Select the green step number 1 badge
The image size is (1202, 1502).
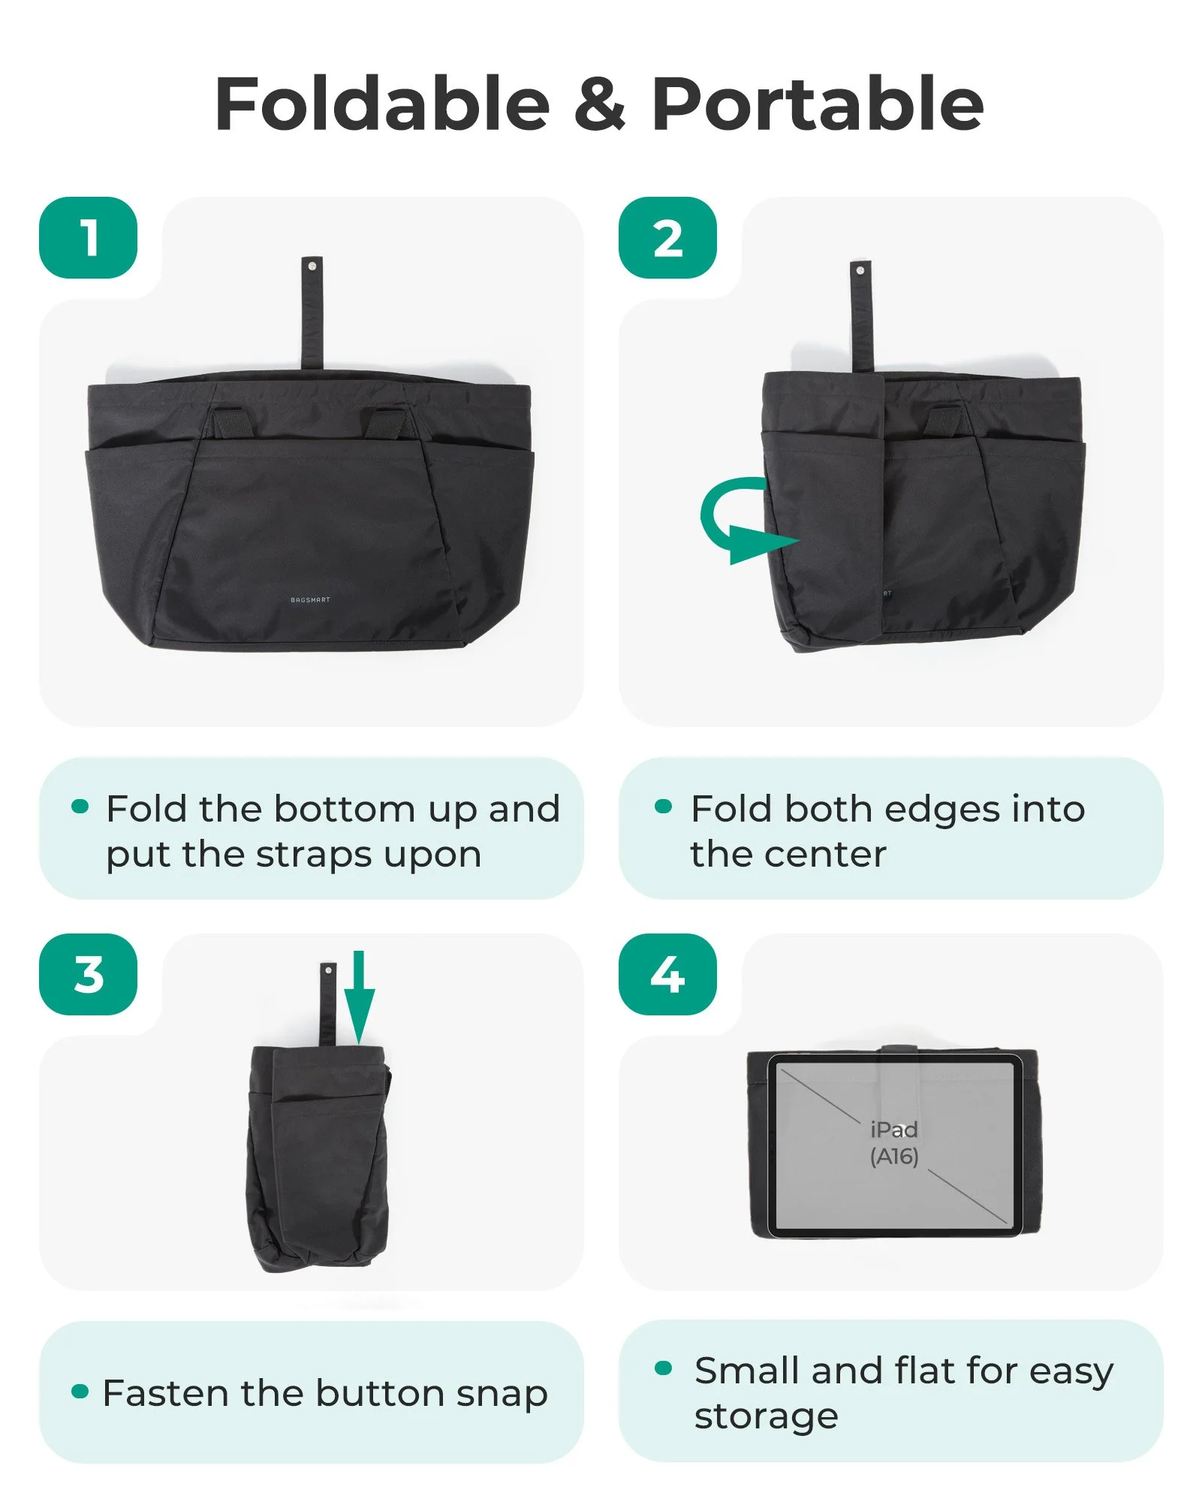tap(88, 237)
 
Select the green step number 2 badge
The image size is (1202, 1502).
tap(667, 237)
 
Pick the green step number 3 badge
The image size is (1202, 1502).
tap(88, 974)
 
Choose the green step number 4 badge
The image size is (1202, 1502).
tap(667, 974)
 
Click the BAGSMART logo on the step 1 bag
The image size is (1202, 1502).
tap(310, 599)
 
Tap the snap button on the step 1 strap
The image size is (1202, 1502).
tap(312, 266)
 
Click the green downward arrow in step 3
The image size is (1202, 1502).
tap(359, 997)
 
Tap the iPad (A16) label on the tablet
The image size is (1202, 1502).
tap(894, 1142)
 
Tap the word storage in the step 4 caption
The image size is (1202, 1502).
tap(766, 1417)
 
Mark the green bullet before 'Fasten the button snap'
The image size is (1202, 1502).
tap(80, 1392)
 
